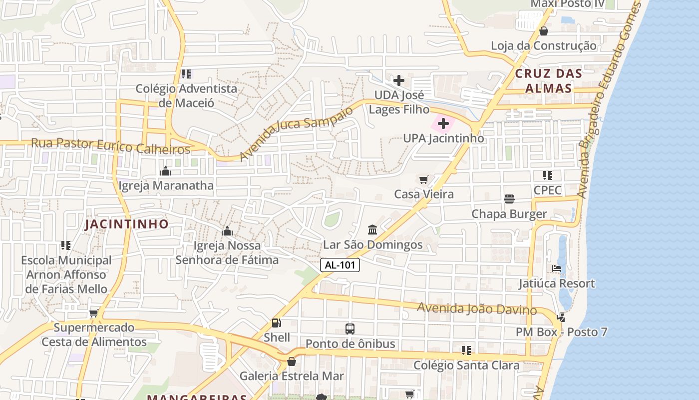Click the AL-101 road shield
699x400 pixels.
tap(340, 265)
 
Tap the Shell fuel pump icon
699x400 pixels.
tap(276, 323)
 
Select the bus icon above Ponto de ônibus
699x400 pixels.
tap(350, 329)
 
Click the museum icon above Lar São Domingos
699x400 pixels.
tap(372, 230)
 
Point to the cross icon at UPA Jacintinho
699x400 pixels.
tap(443, 123)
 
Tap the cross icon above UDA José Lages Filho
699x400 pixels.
tap(398, 80)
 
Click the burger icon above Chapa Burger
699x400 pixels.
tap(509, 199)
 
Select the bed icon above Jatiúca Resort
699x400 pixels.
tap(557, 268)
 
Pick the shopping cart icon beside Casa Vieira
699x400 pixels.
tap(424, 179)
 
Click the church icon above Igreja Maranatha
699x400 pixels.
tap(166, 171)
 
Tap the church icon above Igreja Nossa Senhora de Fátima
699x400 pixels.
tap(227, 231)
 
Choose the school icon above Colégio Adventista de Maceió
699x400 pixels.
tap(186, 74)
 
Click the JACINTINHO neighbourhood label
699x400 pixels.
tap(126, 224)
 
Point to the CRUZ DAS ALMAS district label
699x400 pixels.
tap(548, 80)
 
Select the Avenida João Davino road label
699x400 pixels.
tap(477, 308)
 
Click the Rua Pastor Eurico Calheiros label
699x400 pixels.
tap(111, 146)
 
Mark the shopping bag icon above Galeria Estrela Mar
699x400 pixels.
tap(292, 361)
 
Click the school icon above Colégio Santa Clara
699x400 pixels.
tap(466, 350)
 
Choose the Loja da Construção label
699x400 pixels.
tap(543, 46)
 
